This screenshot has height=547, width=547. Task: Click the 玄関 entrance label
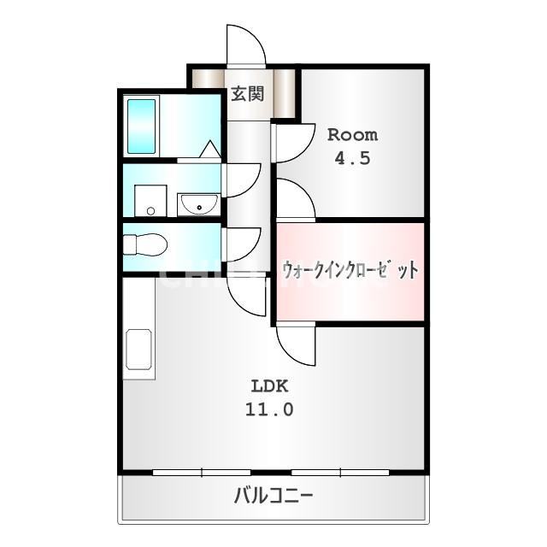[248, 94]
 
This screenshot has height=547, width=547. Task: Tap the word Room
[352, 135]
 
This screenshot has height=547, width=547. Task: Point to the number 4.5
[352, 159]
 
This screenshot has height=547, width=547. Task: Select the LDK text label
[270, 386]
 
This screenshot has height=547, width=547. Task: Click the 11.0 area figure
[269, 409]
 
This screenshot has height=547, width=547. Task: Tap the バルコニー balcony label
[273, 496]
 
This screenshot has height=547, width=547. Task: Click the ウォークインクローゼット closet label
[350, 270]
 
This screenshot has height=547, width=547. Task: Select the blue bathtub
[141, 126]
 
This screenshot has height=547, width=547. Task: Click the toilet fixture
[145, 244]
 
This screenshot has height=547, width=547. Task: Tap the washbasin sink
[199, 205]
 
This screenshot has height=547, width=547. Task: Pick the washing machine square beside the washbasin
[150, 201]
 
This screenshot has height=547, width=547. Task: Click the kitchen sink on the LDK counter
[138, 349]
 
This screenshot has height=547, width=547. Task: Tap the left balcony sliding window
[202, 473]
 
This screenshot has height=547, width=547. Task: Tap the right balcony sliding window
[340, 473]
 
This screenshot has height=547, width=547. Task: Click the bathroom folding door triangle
[210, 149]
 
